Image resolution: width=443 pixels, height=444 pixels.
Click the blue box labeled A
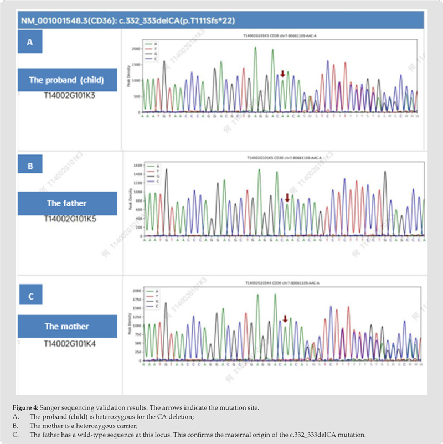(x=30, y=42)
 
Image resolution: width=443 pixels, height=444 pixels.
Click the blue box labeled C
(x=30, y=296)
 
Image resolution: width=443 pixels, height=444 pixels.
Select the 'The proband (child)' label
(x=66, y=80)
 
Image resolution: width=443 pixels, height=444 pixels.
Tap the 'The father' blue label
(x=66, y=203)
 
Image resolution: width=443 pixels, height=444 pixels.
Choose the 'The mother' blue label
(x=66, y=326)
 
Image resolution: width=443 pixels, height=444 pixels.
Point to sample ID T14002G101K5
(x=70, y=219)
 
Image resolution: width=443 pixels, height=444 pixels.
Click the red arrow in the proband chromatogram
(x=282, y=74)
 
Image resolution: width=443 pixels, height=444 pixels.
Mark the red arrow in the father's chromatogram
(x=287, y=198)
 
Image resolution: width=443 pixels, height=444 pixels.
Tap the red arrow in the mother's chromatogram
(x=285, y=319)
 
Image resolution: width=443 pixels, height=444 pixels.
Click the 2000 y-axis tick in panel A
(x=136, y=49)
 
